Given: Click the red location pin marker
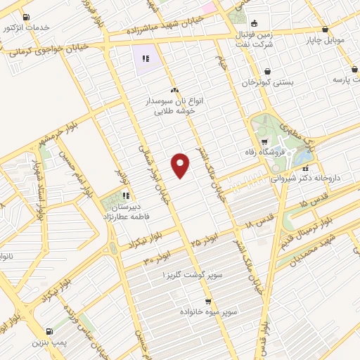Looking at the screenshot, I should click(x=181, y=165).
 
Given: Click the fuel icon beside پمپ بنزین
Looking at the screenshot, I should click(x=48, y=332).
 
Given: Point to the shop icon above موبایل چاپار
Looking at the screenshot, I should click(x=325, y=30).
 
